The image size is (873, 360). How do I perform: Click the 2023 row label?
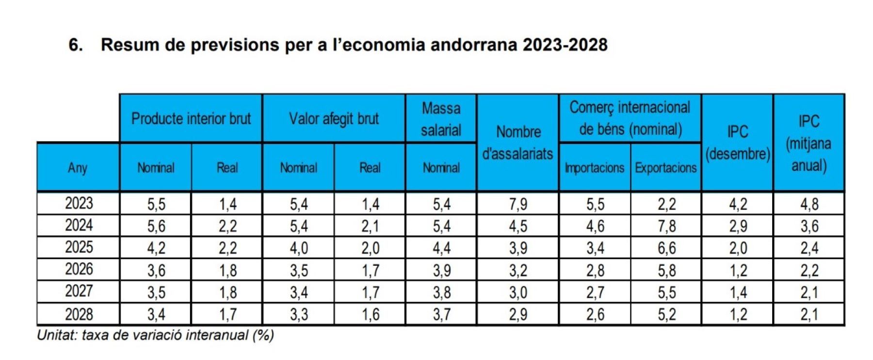pyautogui.click(x=79, y=203)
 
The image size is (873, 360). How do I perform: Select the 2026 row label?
pyautogui.click(x=79, y=269)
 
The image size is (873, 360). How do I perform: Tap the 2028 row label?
pyautogui.click(x=79, y=314)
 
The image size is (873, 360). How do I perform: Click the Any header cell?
pyautogui.click(x=78, y=167)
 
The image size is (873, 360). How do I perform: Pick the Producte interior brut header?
pyautogui.click(x=191, y=118)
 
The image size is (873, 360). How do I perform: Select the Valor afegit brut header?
pyautogui.click(x=334, y=118)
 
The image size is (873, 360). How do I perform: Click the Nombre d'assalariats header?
pyautogui.click(x=517, y=142)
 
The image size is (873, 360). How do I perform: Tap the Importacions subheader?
pyautogui.click(x=595, y=168)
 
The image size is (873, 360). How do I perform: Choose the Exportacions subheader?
pyautogui.click(x=666, y=168)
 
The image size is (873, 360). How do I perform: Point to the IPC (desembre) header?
pyautogui.click(x=737, y=142)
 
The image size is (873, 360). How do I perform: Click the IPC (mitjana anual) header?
pyautogui.click(x=808, y=143)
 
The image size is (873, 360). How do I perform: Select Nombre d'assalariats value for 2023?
pyautogui.click(x=517, y=204)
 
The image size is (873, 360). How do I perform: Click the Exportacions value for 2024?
pyautogui.click(x=666, y=226)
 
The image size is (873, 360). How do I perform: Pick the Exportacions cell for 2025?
pyautogui.click(x=666, y=248)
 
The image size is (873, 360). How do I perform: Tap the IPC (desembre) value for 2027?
pyautogui.click(x=738, y=293)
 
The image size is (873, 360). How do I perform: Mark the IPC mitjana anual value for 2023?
pyautogui.click(x=809, y=204)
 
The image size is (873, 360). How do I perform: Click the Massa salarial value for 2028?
pyautogui.click(x=441, y=314)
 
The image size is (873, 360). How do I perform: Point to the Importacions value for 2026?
pyautogui.click(x=595, y=270)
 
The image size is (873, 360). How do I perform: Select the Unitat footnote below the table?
pyautogui.click(x=155, y=335)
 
